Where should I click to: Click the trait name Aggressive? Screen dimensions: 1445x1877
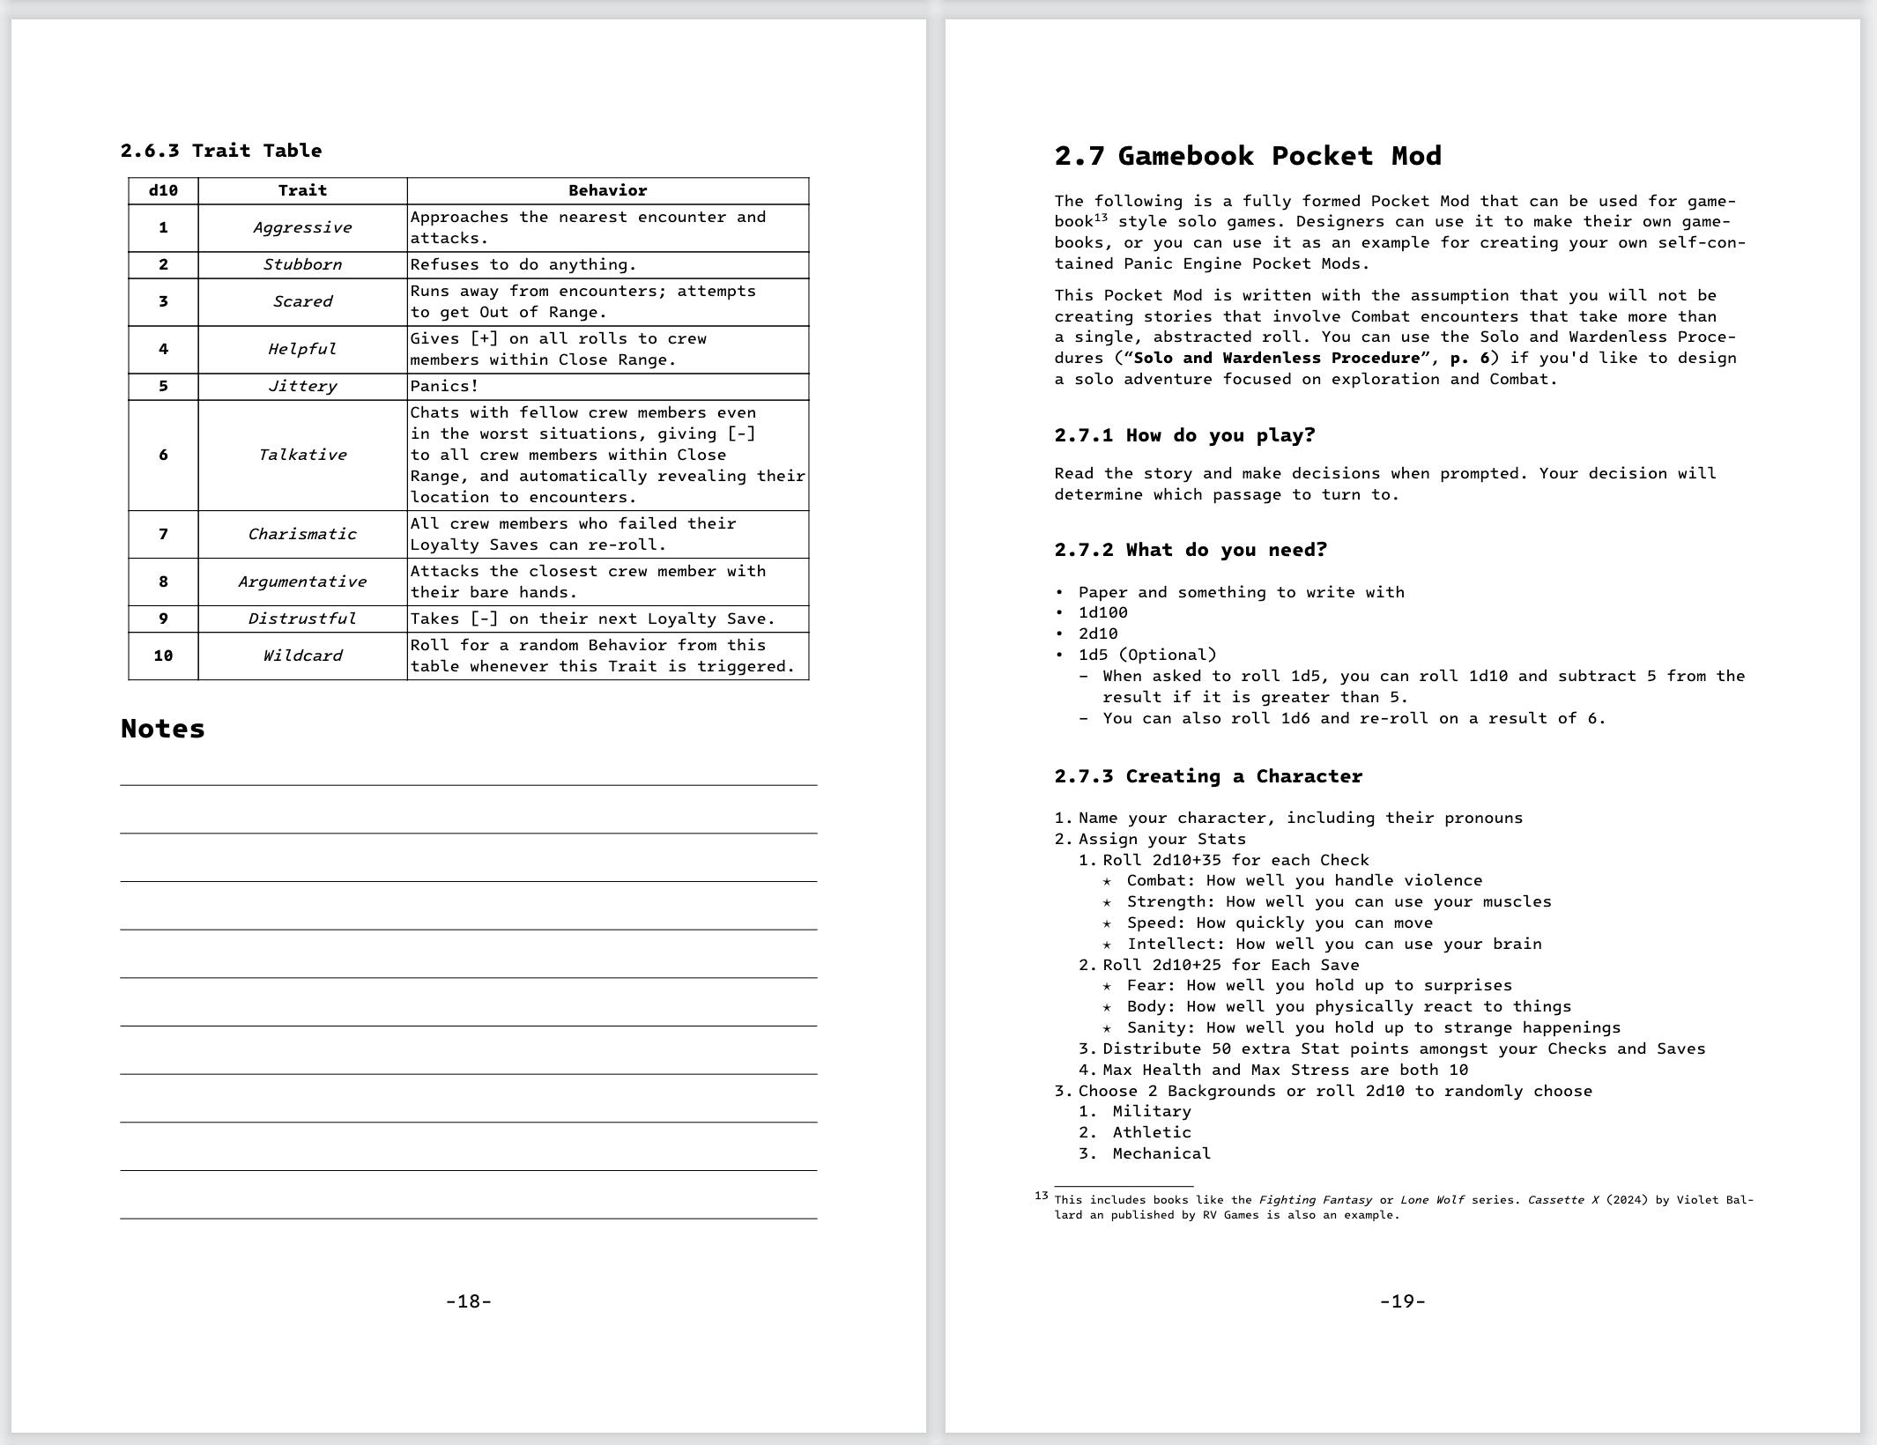pyautogui.click(x=302, y=227)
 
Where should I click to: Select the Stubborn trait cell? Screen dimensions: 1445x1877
pyautogui.click(x=302, y=264)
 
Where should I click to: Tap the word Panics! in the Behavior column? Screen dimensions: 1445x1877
pyautogui.click(x=444, y=386)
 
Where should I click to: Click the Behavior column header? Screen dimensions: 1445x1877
pyautogui.click(x=607, y=190)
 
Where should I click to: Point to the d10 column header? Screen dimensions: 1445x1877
pyautogui.click(x=163, y=190)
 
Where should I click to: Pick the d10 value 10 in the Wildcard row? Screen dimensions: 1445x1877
pyautogui.click(x=163, y=656)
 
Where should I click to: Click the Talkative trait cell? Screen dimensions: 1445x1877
pyautogui.click(x=302, y=455)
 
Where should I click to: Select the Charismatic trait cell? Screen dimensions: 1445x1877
pyautogui.click(x=302, y=534)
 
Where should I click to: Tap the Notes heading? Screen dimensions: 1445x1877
pyautogui.click(x=163, y=729)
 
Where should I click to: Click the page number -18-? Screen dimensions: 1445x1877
pyautogui.click(x=469, y=1301)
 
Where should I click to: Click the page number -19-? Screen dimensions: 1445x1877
pyautogui.click(x=1402, y=1301)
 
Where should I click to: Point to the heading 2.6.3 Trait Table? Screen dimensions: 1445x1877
pyautogui.click(x=221, y=151)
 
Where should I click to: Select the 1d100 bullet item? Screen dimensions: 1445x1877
pyautogui.click(x=1102, y=612)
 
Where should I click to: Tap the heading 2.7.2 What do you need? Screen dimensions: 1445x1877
pyautogui.click(x=1191, y=550)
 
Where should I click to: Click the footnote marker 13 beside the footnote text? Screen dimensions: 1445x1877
pyautogui.click(x=1042, y=1196)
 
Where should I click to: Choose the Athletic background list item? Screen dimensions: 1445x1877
pyautogui.click(x=1151, y=1132)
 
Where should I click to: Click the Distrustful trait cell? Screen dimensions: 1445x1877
pyautogui.click(x=302, y=619)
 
